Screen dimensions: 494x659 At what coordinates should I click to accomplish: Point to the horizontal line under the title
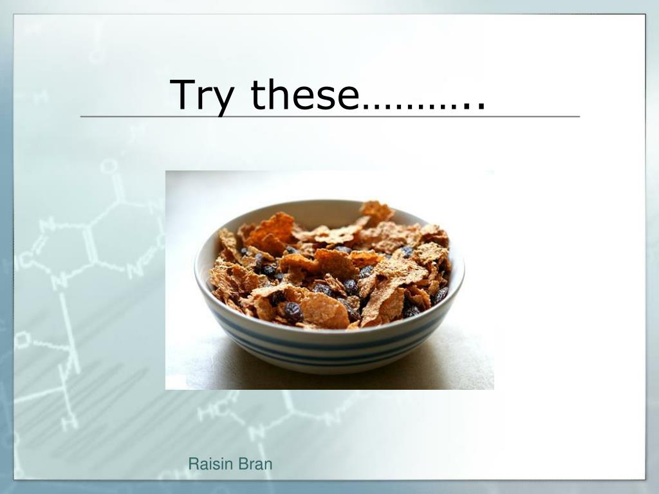(x=329, y=116)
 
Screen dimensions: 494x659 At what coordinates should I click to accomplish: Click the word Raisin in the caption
(x=210, y=464)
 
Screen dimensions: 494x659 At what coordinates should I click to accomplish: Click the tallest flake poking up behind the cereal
(x=377, y=210)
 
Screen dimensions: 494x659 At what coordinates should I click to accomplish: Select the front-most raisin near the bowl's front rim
(x=293, y=312)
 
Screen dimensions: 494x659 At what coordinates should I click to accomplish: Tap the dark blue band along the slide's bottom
(x=329, y=487)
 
